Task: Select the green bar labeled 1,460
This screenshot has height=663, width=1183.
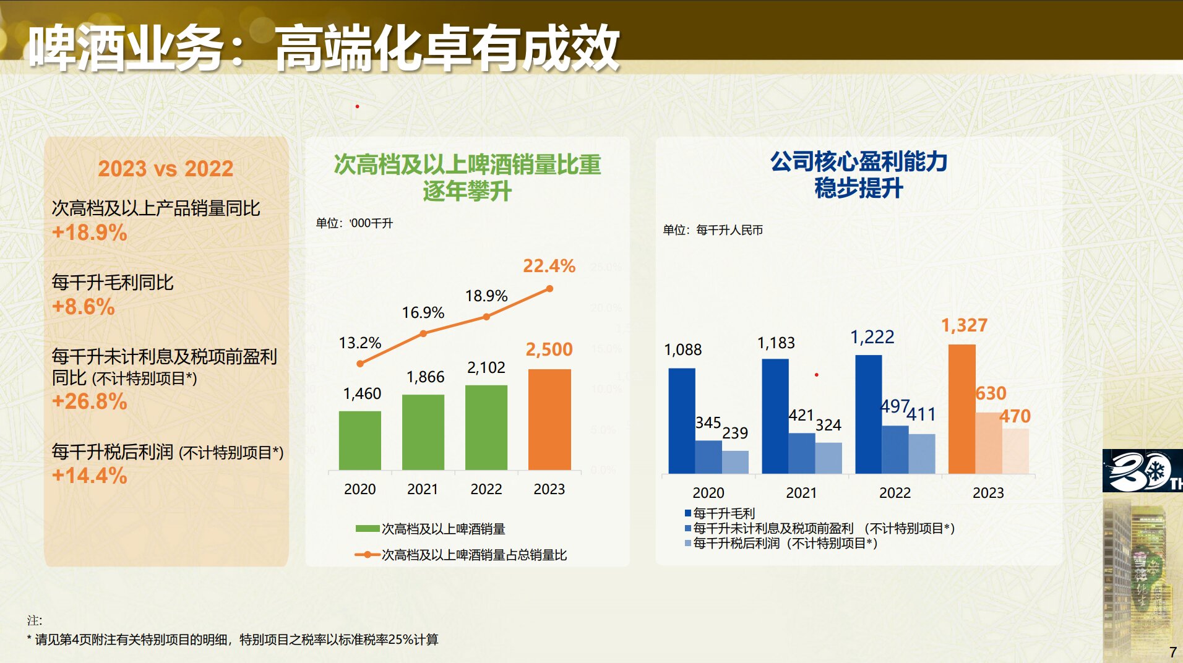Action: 359,440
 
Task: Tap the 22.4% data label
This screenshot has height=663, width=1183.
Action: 549,266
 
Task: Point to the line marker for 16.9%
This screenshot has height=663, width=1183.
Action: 423,333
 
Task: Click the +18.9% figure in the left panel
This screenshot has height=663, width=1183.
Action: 90,233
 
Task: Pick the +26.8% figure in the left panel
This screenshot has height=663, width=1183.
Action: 90,401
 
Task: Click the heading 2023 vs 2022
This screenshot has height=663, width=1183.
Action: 166,168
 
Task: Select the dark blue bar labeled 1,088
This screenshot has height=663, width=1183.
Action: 681,421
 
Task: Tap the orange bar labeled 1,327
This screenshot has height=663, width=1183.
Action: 961,408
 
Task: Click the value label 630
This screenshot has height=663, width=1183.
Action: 991,393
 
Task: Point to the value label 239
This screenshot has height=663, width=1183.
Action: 735,433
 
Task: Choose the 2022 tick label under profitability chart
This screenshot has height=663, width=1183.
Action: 895,493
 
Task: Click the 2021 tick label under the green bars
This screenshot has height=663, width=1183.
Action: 423,489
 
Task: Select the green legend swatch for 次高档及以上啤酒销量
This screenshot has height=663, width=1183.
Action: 367,529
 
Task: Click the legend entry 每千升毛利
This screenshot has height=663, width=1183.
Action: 723,513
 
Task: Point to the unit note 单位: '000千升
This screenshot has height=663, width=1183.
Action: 355,223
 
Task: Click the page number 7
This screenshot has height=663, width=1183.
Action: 1172,652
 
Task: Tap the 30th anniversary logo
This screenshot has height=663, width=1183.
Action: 1142,471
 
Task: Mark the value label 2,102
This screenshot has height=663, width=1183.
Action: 486,368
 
